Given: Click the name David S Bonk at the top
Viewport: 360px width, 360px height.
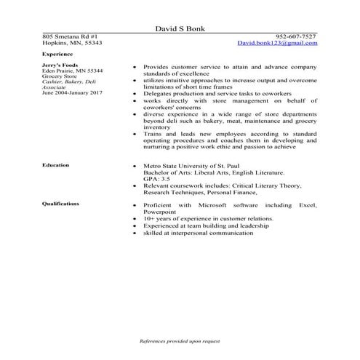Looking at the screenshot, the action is (x=180, y=28).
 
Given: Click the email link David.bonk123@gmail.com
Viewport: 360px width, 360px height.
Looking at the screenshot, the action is (x=277, y=43).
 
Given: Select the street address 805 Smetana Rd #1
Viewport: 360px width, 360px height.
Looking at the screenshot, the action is (x=71, y=36).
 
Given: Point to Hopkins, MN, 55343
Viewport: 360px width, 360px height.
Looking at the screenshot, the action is (x=72, y=43).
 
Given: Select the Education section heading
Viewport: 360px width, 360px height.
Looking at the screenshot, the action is (x=56, y=165).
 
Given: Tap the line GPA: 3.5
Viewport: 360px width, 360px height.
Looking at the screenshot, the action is (x=158, y=178).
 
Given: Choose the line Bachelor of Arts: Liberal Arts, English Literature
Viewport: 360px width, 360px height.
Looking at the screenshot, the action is (x=217, y=172).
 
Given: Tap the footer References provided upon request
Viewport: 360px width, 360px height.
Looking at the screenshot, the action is (x=180, y=340).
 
